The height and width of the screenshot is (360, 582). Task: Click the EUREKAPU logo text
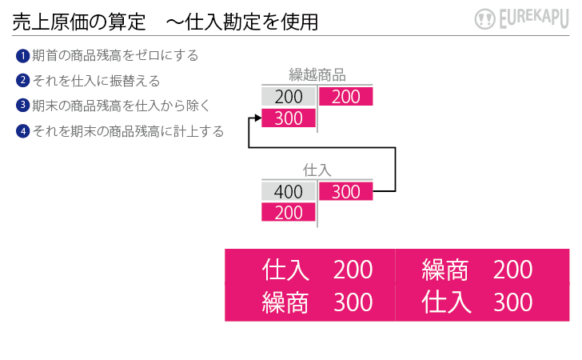(x=534, y=18)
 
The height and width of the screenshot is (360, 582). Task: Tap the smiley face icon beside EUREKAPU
(x=484, y=19)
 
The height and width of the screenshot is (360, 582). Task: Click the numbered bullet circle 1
(x=22, y=56)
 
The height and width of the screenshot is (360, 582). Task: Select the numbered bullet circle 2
(x=22, y=80)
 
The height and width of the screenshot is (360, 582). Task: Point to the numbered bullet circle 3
(x=22, y=105)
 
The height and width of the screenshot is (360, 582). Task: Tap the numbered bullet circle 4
(x=22, y=130)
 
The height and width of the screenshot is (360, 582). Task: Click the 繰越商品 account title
(x=317, y=75)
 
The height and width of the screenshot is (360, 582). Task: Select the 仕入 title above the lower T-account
(x=317, y=170)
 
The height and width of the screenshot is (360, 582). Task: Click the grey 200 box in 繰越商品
(x=289, y=96)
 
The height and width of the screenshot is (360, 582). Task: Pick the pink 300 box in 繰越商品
(x=289, y=118)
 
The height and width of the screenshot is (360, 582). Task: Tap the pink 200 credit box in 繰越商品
(x=346, y=96)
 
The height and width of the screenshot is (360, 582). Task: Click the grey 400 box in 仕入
(x=289, y=191)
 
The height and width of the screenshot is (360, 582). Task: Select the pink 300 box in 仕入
(x=346, y=191)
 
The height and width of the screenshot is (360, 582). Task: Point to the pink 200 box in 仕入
(x=289, y=212)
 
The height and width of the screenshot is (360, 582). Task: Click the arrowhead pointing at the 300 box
(x=258, y=118)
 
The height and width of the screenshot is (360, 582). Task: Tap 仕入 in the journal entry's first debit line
(x=285, y=270)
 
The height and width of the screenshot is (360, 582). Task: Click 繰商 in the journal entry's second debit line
(x=285, y=302)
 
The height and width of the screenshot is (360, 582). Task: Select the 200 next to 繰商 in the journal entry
(x=512, y=270)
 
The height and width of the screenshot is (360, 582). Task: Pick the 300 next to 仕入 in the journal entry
(x=512, y=302)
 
